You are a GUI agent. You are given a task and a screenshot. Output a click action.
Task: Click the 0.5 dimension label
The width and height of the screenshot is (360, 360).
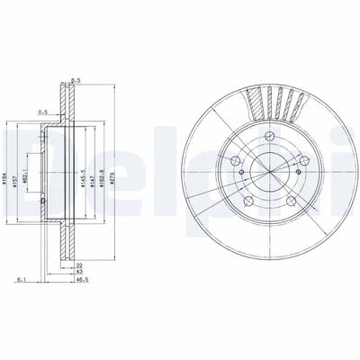[x=41, y=112]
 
